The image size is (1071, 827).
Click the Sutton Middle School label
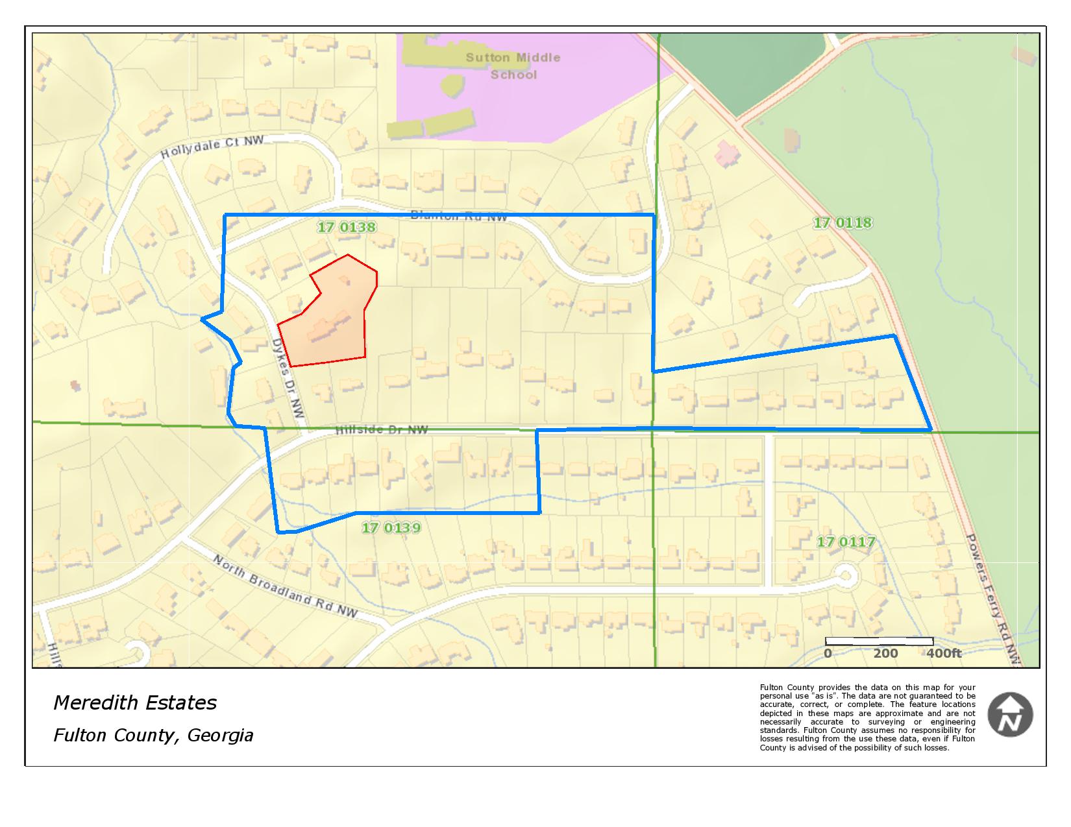pyautogui.click(x=513, y=66)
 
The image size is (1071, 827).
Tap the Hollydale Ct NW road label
pyautogui.click(x=212, y=147)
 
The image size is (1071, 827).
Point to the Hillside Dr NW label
pyautogui.click(x=382, y=429)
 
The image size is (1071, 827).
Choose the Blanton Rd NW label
pyautogui.click(x=459, y=217)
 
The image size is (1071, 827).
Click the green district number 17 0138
pyautogui.click(x=346, y=227)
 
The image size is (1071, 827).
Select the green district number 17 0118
pyautogui.click(x=843, y=223)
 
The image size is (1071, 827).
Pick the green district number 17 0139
pyautogui.click(x=391, y=528)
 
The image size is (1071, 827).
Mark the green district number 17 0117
pyautogui.click(x=846, y=542)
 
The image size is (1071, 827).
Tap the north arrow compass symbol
pyautogui.click(x=1010, y=715)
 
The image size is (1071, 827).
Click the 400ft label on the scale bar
pyautogui.click(x=944, y=653)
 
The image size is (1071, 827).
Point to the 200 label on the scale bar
pyautogui.click(x=885, y=653)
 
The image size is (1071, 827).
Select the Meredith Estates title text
pyautogui.click(x=135, y=702)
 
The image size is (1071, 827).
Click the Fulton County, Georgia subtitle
pyautogui.click(x=153, y=735)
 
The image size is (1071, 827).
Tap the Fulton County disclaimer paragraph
pyautogui.click(x=867, y=717)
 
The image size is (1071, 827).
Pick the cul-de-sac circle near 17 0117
pyautogui.click(x=845, y=574)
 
